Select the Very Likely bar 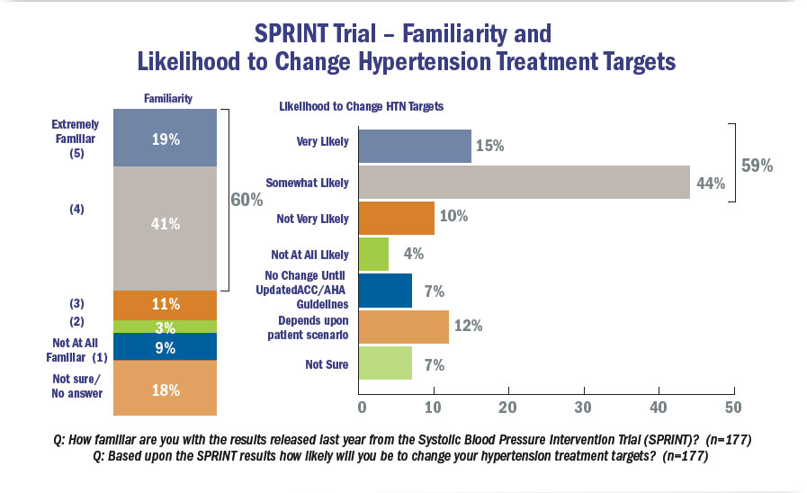[415, 146]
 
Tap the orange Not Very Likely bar [396, 219]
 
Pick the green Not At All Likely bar [373, 255]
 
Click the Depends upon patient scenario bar [403, 327]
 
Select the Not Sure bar [385, 363]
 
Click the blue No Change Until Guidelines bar [385, 291]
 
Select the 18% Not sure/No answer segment [166, 389]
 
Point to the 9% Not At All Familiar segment [166, 347]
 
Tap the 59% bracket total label [756, 166]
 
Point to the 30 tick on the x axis [585, 408]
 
